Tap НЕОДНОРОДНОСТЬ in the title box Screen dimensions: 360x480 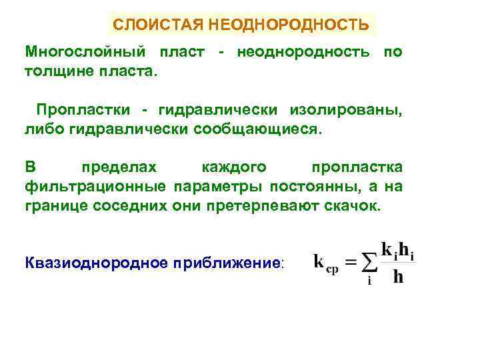(289, 25)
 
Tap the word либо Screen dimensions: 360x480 (42, 127)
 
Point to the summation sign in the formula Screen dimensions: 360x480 (369, 262)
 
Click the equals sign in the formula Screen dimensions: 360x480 (348, 261)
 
